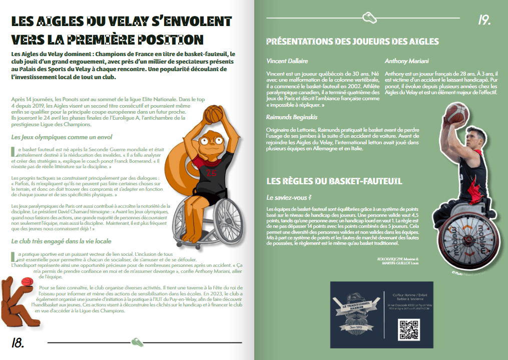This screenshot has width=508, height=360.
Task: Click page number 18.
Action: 17,342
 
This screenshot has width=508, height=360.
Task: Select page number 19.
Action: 484,20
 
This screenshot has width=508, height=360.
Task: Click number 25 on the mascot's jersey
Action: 211,173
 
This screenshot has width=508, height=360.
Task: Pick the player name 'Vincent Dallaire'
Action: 287,61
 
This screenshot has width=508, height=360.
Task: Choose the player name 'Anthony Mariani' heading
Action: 407,61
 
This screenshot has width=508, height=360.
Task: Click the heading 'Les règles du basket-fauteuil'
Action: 334,181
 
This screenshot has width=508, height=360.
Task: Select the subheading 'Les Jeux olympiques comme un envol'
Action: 61,137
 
